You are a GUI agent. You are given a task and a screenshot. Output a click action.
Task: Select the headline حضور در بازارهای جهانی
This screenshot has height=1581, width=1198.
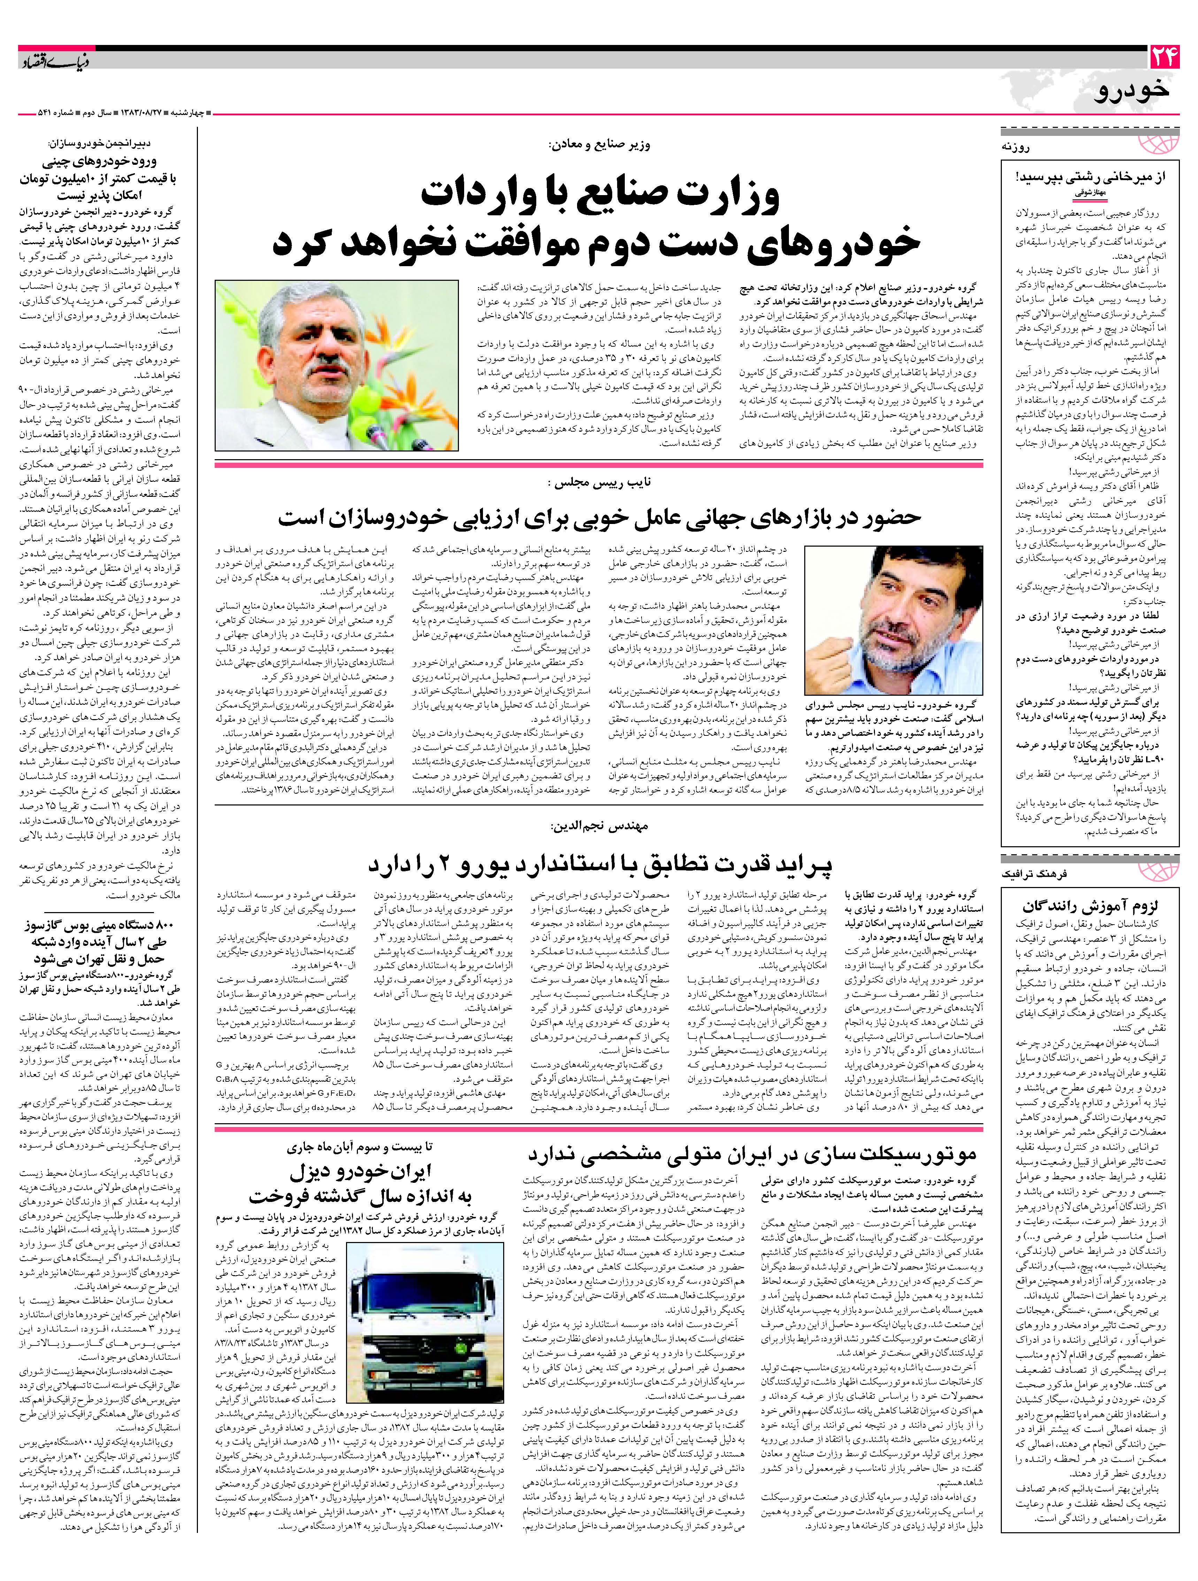point(599,517)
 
